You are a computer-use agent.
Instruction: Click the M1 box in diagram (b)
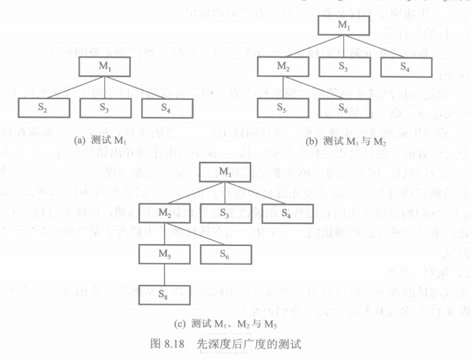pos(343,26)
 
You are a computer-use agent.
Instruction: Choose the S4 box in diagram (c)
pos(286,212)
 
